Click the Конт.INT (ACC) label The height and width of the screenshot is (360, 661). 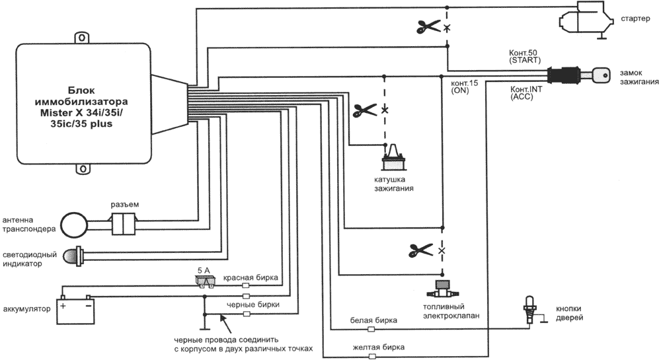coord(527,92)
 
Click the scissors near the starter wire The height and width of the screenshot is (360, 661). coord(428,27)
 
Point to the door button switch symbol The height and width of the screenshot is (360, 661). coord(529,309)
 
